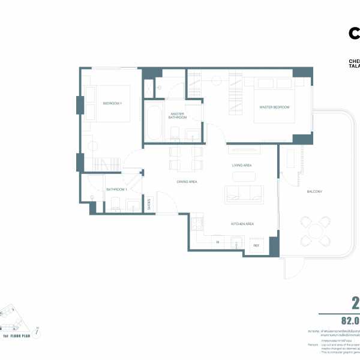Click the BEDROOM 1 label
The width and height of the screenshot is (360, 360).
112,104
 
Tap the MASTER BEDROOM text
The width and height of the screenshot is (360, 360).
274,107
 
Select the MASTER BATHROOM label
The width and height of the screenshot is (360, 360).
177,115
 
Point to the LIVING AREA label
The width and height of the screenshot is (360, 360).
242,165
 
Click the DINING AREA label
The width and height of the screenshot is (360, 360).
187,181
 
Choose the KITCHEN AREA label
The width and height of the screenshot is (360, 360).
243,224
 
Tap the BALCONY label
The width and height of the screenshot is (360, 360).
315,191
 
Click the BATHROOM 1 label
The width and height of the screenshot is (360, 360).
116,190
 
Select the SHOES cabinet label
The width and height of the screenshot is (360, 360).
149,204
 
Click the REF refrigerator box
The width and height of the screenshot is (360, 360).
256,246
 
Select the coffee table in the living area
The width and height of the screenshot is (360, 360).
243,176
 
